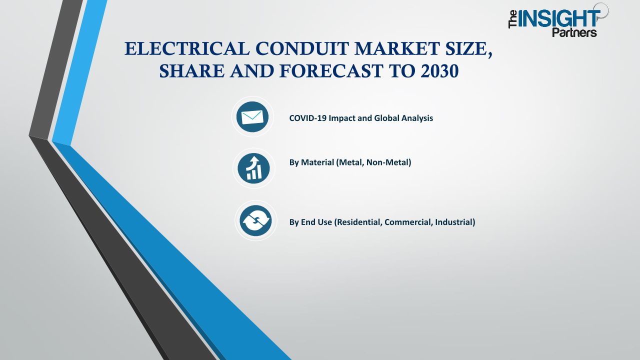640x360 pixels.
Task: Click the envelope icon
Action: (x=252, y=117)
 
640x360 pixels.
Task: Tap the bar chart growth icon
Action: (x=253, y=168)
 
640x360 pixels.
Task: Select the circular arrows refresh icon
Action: (x=255, y=220)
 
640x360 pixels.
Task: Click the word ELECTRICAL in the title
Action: (x=187, y=48)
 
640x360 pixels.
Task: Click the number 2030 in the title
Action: (x=439, y=71)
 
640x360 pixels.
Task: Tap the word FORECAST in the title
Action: (x=331, y=71)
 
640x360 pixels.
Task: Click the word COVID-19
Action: (x=308, y=118)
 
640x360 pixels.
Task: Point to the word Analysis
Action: (x=417, y=118)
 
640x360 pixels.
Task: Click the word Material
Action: (x=317, y=162)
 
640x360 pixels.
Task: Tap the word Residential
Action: (x=358, y=222)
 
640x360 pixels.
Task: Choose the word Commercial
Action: (x=408, y=222)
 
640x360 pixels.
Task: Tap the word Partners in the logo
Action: (x=574, y=32)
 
